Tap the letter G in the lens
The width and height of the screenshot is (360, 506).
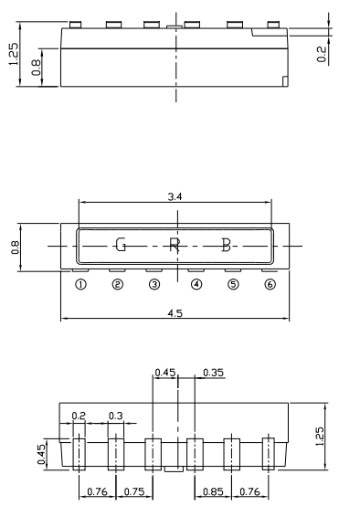click(x=121, y=245)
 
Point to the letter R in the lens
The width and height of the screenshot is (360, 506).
click(x=175, y=245)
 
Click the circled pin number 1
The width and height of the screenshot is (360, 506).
click(x=80, y=285)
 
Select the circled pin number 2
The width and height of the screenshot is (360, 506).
click(x=118, y=285)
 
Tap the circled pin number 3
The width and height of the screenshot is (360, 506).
click(x=155, y=285)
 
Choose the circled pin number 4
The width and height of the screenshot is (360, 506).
click(x=196, y=285)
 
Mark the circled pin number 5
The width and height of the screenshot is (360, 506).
click(x=233, y=285)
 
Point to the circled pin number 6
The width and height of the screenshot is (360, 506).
click(x=270, y=285)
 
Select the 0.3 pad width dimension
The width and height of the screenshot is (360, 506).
click(x=116, y=416)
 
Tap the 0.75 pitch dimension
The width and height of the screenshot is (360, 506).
click(x=133, y=492)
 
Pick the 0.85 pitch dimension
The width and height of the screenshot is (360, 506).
click(x=212, y=492)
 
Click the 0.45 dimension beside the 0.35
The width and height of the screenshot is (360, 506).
click(x=165, y=373)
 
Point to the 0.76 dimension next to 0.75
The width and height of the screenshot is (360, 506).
click(x=96, y=492)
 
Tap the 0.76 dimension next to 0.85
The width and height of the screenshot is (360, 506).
click(x=249, y=492)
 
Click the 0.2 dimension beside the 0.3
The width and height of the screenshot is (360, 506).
click(x=79, y=416)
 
